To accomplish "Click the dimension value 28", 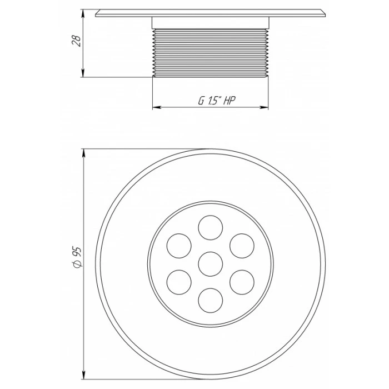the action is pos(77,41).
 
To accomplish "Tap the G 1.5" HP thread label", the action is pos(217,100).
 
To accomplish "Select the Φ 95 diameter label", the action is pos(77,257).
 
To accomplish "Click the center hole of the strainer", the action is pos(211,264).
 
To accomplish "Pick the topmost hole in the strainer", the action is pos(211,227).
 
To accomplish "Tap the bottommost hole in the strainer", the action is pos(211,300).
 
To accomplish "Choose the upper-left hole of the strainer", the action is pos(179,246).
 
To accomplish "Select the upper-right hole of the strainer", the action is pos(242,246).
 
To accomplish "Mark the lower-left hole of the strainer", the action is pos(179,282).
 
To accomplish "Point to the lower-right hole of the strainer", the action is pos(242,282).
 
